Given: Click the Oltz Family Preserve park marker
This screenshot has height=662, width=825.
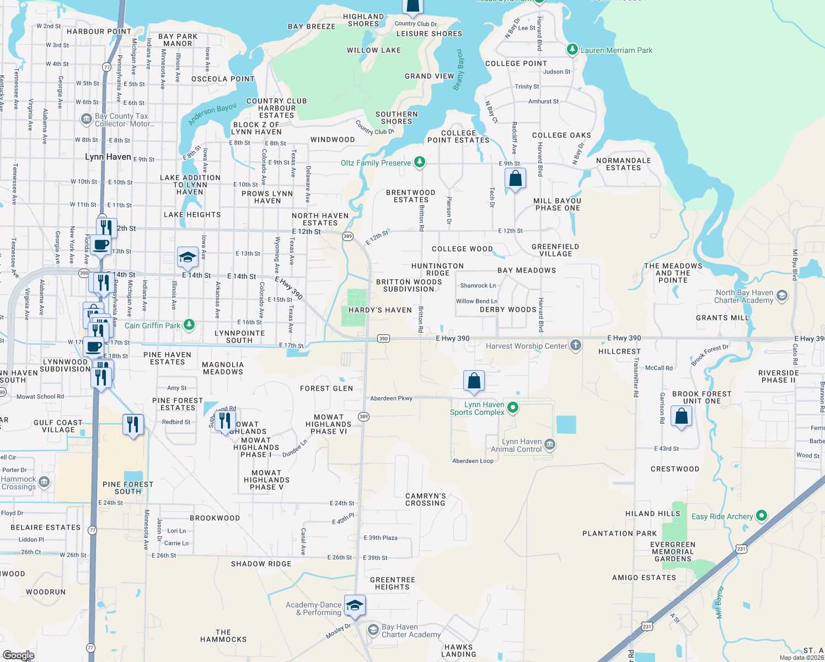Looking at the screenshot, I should click(420, 162).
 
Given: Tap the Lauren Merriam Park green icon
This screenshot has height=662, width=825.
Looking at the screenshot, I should click(572, 50).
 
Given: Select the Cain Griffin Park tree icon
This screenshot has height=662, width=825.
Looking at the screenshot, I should click(189, 324).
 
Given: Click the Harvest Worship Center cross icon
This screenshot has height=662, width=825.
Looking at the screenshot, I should click(575, 345).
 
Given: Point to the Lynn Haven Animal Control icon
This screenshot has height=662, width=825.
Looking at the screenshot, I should click(549, 444).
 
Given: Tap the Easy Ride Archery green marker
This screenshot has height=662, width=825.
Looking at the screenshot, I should click(762, 516).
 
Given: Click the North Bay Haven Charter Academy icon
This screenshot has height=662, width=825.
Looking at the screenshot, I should click(781, 296).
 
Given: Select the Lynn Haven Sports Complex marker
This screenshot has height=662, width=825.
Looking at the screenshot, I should click(513, 408).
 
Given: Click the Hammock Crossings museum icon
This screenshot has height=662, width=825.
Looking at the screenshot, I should click(44, 482).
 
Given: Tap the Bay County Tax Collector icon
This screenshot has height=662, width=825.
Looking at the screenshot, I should click(86, 119).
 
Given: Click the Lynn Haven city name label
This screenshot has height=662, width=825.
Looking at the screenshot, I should click(108, 157).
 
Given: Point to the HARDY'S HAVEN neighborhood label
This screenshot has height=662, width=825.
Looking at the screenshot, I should click(380, 310).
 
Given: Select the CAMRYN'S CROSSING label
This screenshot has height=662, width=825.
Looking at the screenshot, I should click(425, 500).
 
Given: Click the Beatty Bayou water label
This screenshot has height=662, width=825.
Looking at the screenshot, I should click(458, 70).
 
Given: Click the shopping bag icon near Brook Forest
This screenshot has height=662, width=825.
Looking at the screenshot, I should click(681, 415).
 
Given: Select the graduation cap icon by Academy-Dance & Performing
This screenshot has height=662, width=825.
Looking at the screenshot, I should click(355, 605).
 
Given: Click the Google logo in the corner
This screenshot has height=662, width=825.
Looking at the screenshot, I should click(18, 655).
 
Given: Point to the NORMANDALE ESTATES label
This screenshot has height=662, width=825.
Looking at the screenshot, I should click(623, 164).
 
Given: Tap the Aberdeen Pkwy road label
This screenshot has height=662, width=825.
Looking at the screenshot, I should click(391, 398).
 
